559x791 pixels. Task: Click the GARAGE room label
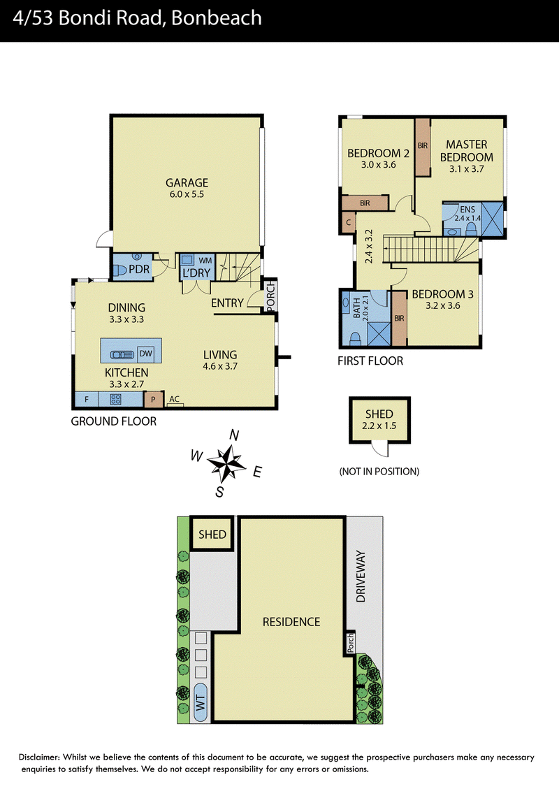187,182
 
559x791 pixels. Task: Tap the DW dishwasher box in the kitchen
146,353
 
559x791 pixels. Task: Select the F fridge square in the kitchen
86,399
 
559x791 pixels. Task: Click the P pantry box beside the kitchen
153,400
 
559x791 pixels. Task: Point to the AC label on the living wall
175,399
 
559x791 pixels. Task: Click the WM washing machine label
205,261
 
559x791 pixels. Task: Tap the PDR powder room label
139,269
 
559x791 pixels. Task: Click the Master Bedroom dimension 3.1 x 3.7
467,169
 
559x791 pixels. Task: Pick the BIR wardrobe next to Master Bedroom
423,147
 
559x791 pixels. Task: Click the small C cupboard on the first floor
348,222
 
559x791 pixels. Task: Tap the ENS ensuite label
467,210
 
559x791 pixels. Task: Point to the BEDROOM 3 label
442,294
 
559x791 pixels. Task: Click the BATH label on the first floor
356,307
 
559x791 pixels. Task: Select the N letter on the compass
234,435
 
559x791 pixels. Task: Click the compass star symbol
226,463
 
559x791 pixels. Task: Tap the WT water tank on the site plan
201,702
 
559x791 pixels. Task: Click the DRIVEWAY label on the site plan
361,576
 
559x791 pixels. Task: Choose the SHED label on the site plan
212,535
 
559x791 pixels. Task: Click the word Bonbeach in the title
217,18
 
